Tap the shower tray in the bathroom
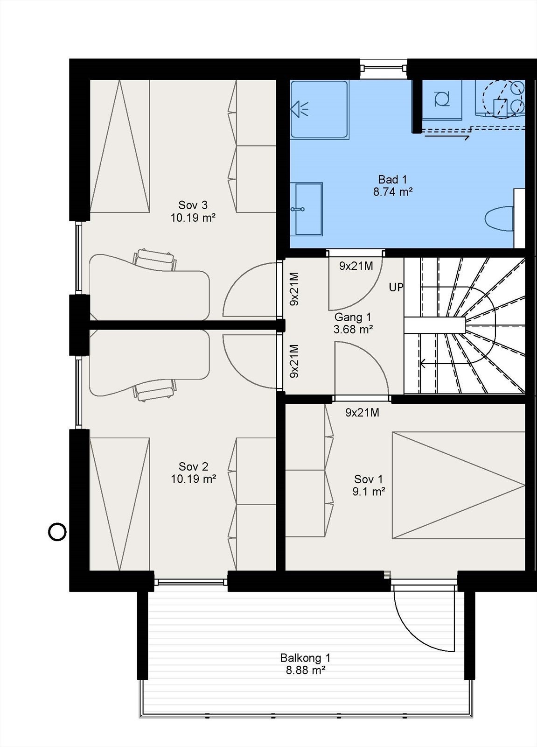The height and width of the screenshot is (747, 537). coord(319,110)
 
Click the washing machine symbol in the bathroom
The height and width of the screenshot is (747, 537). coord(441,99)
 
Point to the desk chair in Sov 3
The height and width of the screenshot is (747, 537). coord(155,260)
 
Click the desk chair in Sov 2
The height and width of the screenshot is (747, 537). coord(155,389)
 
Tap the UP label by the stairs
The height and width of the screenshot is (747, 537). coord(396,287)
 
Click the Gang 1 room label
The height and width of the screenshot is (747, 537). coord(353,317)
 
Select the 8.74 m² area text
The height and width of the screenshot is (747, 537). coord(392,191)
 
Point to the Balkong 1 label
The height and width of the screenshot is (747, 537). coord(305,658)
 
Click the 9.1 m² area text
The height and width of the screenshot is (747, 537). coord(369,491)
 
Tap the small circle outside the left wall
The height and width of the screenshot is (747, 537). coord(57,531)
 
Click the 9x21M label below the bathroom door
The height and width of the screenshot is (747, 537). coord(356,266)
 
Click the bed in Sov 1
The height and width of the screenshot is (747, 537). coord(458,485)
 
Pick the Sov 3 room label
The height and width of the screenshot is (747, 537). coord(193,205)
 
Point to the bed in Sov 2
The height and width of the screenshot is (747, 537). coord(119,504)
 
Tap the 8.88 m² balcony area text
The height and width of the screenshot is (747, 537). coord(305,670)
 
